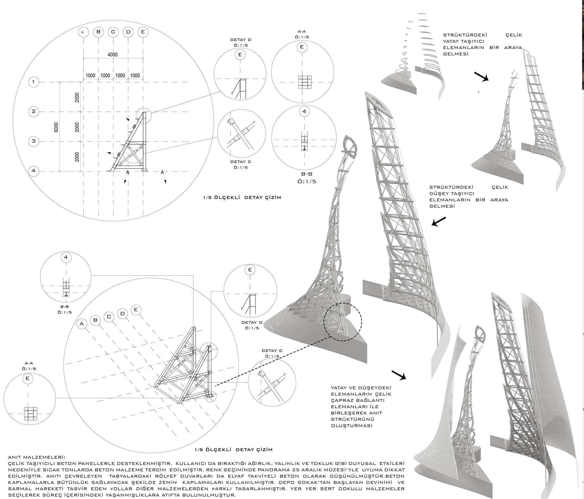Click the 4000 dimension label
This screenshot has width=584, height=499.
click(x=112, y=55)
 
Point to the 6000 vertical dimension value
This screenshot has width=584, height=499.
click(x=56, y=127)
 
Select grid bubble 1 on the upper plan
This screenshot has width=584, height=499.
click(x=34, y=82)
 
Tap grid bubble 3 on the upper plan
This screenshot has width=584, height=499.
click(x=34, y=141)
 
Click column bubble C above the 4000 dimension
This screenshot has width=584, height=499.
click(x=113, y=32)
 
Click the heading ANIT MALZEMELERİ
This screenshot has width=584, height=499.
click(x=37, y=457)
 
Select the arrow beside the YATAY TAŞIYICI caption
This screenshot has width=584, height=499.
click(x=481, y=77)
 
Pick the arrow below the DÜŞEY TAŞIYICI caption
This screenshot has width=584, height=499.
click(x=439, y=222)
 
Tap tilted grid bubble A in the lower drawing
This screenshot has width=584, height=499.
click(x=82, y=324)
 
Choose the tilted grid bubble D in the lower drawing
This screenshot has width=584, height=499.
click(x=122, y=314)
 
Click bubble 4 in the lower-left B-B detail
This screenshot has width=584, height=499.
click(x=66, y=257)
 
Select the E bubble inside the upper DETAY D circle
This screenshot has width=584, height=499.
click(x=240, y=54)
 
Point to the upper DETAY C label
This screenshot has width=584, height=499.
click(x=241, y=162)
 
